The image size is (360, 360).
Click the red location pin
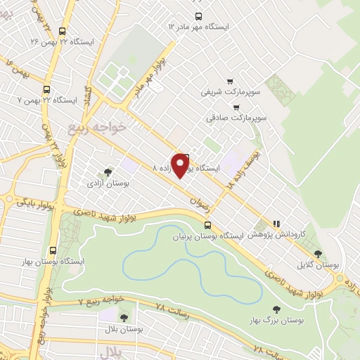pyautogui.click(x=181, y=165)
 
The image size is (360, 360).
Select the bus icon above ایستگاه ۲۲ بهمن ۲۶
pyautogui.click(x=63, y=31)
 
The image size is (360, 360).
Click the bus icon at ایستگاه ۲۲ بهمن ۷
pyautogui.click(x=46, y=89)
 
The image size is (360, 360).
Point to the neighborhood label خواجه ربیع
pyautogui.click(x=97, y=126)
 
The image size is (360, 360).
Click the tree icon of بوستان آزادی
pyautogui.click(x=108, y=171)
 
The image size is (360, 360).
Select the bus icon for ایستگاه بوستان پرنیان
pyautogui.click(x=207, y=225)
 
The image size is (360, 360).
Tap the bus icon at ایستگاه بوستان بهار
pyautogui.click(x=53, y=250)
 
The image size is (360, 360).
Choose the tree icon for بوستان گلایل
pyautogui.click(x=318, y=254)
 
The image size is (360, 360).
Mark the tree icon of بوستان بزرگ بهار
pyautogui.click(x=276, y=309)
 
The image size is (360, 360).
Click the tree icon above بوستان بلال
pyautogui.click(x=124, y=318)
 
